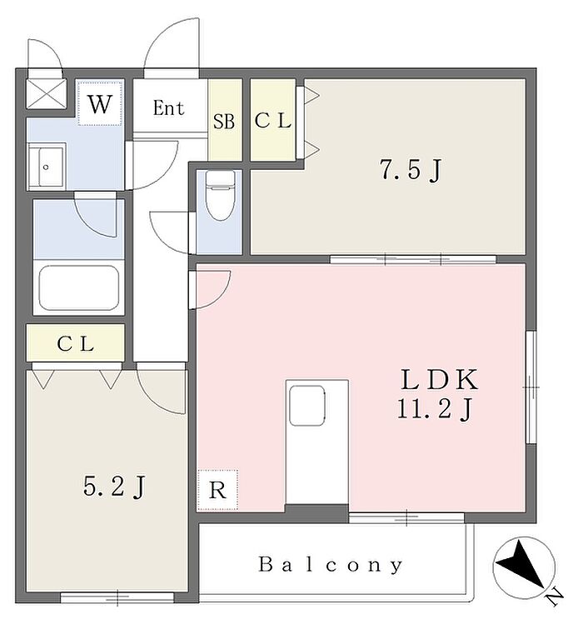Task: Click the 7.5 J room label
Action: coord(409,170)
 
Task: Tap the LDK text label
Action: coord(439,381)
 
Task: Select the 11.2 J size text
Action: coord(439,409)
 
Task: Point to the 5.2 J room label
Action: coord(116,486)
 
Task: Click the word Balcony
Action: coord(331,565)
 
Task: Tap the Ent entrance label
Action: coord(168,107)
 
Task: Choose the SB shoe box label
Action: coord(224,122)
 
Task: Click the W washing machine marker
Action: coord(100,105)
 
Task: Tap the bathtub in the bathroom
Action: coord(78,288)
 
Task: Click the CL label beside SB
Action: coord(272,121)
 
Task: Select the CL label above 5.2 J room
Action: coord(76,342)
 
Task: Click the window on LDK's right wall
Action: coord(531,387)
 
